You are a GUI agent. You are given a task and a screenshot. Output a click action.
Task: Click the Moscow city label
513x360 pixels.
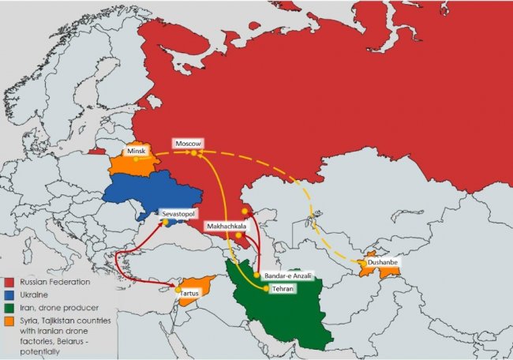(x=189, y=144)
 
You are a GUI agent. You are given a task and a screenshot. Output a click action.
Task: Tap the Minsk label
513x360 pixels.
(x=137, y=150)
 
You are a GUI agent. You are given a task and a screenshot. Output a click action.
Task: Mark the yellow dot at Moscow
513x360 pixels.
(x=193, y=153)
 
